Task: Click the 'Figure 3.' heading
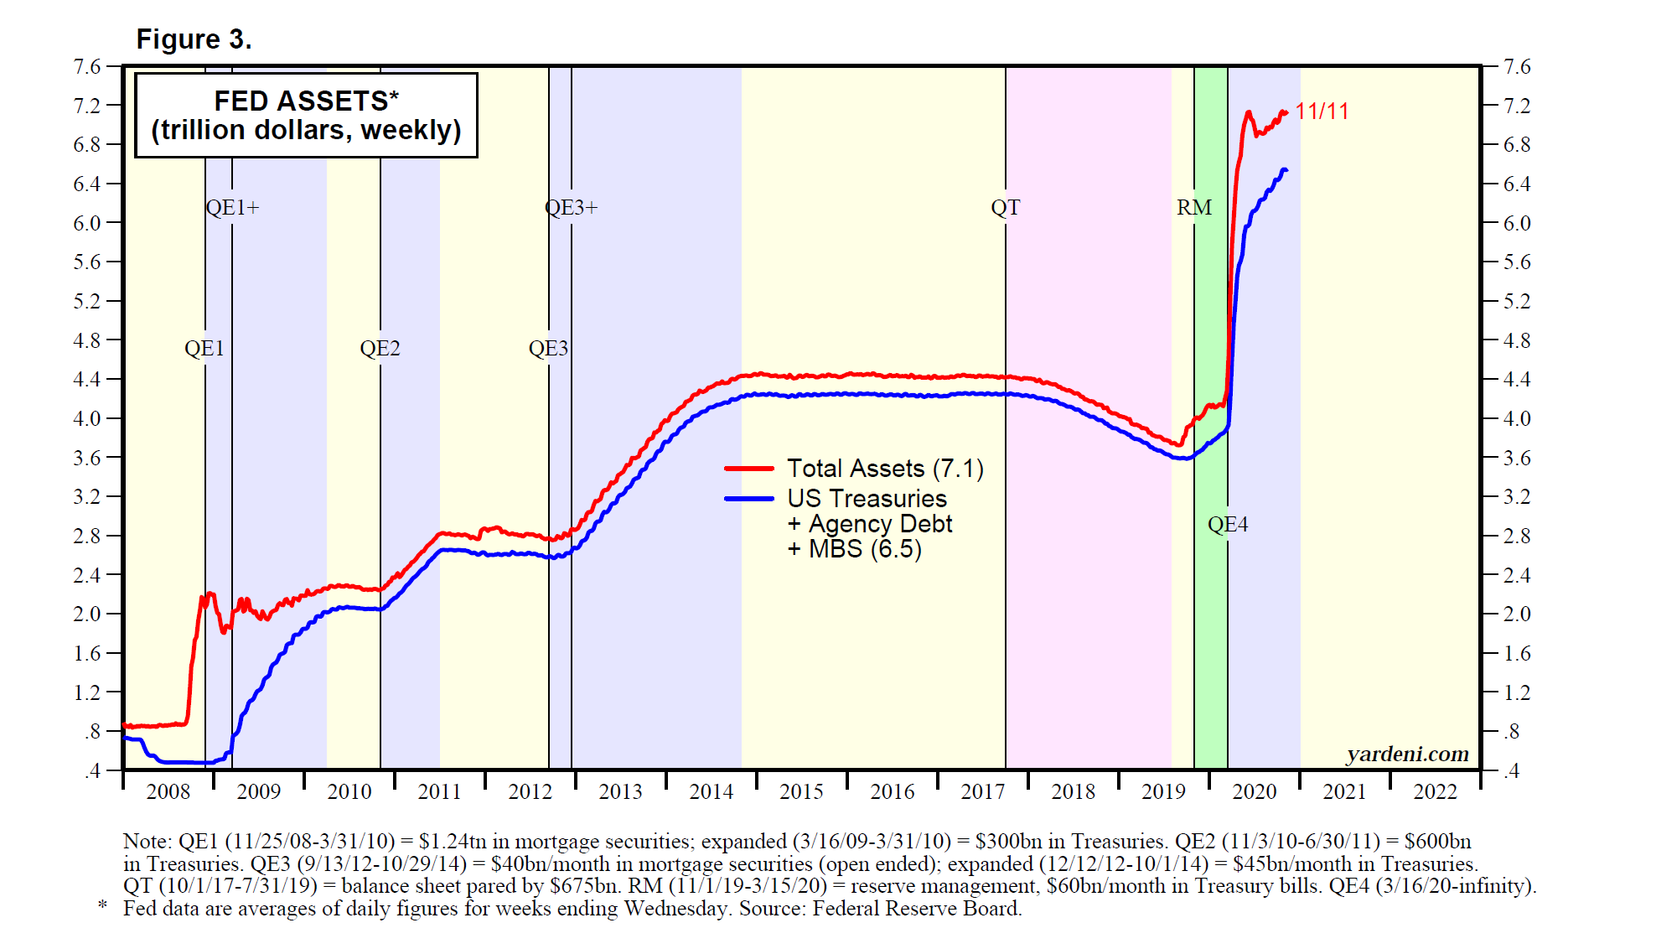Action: tap(194, 39)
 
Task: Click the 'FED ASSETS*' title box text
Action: tap(306, 101)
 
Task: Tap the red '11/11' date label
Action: tap(1322, 111)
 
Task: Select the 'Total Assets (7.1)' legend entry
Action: tap(885, 469)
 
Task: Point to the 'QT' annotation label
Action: tap(1006, 208)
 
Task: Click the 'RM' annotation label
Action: tap(1194, 208)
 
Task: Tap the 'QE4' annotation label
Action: tap(1228, 525)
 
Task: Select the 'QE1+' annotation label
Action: tap(233, 208)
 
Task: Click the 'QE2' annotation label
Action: tap(380, 349)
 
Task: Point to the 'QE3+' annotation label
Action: tap(572, 208)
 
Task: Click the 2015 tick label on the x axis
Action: tap(801, 792)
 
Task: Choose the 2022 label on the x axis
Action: tap(1435, 792)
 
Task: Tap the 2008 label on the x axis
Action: tap(168, 792)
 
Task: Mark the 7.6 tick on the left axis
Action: tap(87, 67)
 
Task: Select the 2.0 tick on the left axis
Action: tap(87, 614)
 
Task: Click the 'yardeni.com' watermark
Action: tap(1407, 754)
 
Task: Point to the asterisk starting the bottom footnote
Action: tap(103, 905)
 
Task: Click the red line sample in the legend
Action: tap(748, 469)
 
